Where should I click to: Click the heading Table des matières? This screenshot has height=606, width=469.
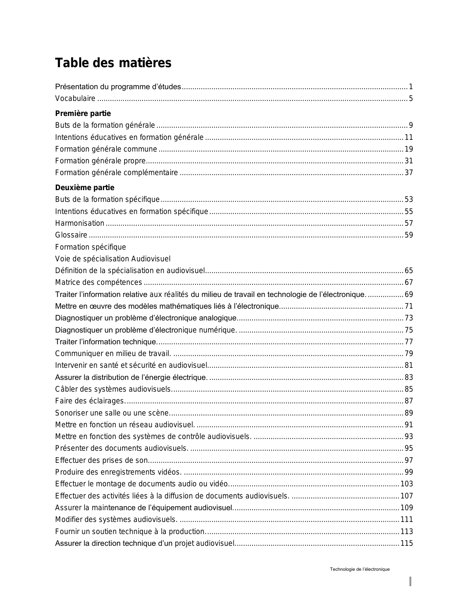point(113,63)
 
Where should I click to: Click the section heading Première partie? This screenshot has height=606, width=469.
point(83,113)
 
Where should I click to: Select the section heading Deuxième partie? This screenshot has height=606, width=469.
point(85,188)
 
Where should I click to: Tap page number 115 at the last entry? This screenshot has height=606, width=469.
point(407,543)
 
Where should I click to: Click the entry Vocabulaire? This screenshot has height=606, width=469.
point(75,99)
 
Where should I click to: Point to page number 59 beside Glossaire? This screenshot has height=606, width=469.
point(409,235)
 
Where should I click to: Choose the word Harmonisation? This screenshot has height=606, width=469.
point(79,223)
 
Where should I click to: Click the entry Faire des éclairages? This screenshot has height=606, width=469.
point(90,401)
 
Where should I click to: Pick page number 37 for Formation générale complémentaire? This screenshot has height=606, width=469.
point(409,173)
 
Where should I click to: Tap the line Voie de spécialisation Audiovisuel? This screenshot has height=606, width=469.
point(112,259)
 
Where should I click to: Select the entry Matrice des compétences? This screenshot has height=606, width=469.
point(98,282)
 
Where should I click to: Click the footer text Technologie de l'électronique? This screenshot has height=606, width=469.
point(359,569)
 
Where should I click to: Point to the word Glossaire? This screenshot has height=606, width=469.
point(71,235)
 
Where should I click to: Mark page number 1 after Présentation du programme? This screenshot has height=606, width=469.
point(411,87)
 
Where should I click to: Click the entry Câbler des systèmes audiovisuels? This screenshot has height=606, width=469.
point(113,389)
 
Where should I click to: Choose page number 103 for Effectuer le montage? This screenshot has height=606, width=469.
point(407,484)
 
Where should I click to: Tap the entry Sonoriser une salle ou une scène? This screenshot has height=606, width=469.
point(112,413)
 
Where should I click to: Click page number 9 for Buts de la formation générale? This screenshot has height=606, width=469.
point(411,126)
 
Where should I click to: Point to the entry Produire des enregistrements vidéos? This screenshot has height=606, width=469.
point(118,472)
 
